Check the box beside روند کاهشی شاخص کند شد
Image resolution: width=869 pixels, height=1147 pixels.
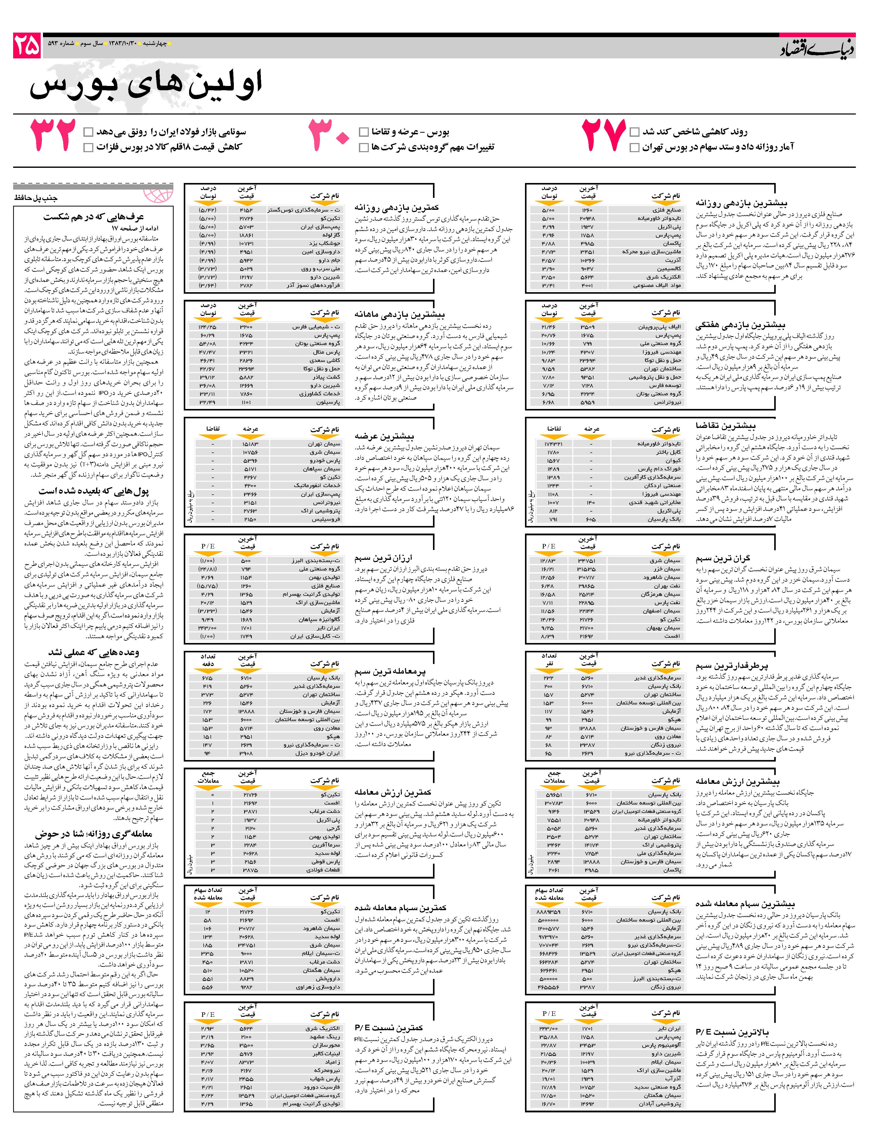pos(634,132)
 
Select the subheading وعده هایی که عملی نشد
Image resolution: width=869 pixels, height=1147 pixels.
pos(93,652)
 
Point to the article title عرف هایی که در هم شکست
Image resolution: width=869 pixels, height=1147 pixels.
pos(93,217)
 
